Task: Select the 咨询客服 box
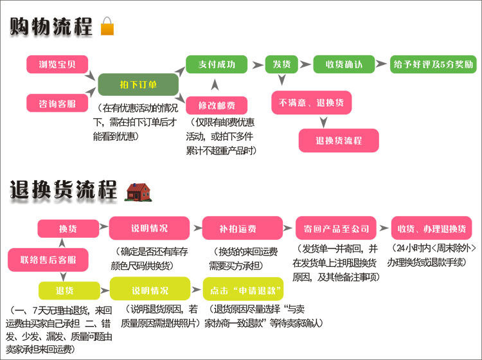(57, 103)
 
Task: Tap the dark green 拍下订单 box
(138, 84)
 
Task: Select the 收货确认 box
(344, 64)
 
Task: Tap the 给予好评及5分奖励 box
(433, 64)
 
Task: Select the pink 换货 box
(67, 229)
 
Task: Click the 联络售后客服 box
(48, 260)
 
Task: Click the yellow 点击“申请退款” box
(242, 289)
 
